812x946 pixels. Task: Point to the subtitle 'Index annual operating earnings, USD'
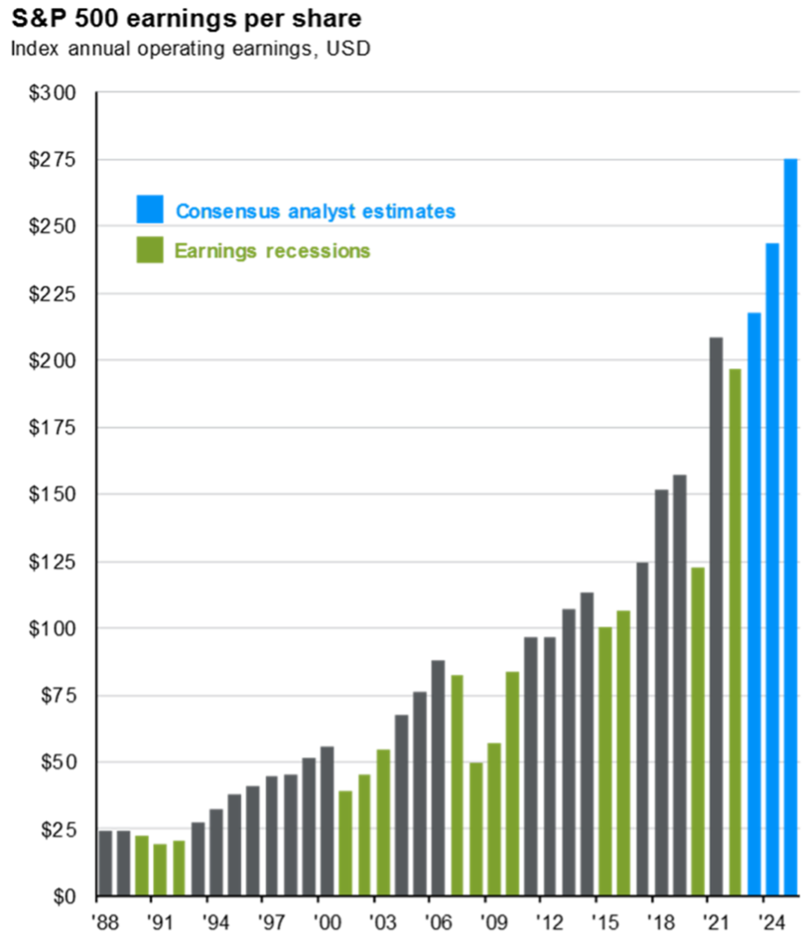coord(191,49)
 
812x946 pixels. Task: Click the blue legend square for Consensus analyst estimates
coord(150,209)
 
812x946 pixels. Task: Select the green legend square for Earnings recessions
coord(150,250)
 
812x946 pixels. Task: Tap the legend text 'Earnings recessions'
coord(273,250)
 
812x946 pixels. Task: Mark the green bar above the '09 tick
coord(494,819)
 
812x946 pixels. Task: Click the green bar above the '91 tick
coord(160,870)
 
